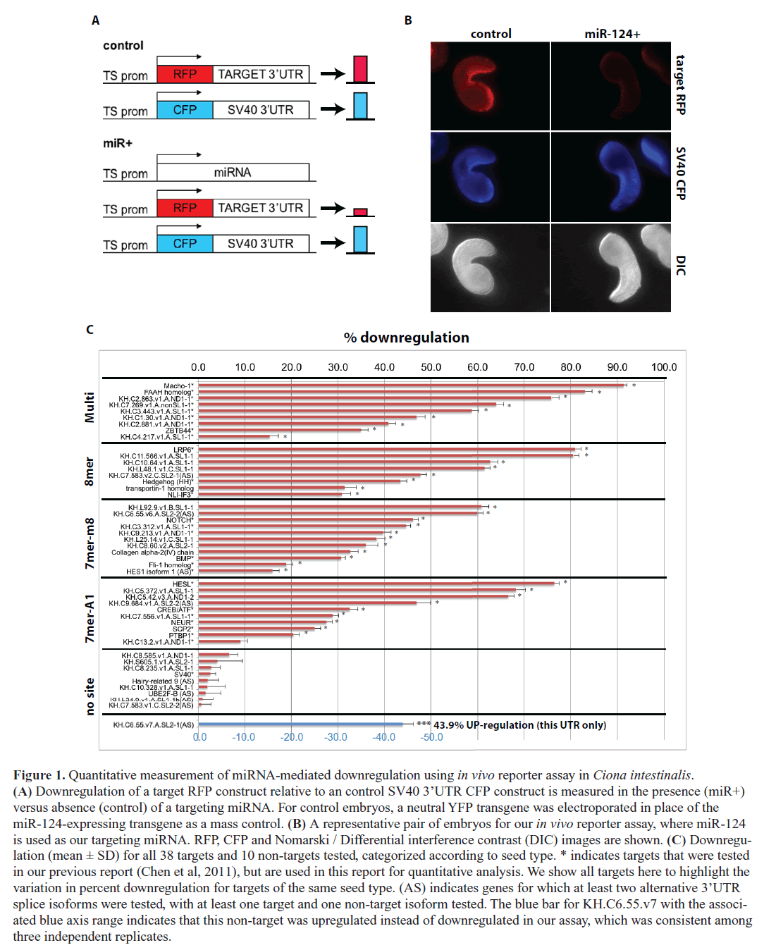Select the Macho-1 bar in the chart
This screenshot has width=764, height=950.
tap(412, 385)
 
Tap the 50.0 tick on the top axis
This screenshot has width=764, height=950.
tap(431, 367)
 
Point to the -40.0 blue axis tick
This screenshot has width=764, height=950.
tap(383, 737)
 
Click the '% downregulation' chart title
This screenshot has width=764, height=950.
tap(406, 338)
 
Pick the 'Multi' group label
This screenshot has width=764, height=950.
tap(90, 407)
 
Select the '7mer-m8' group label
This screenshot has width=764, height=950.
tap(90, 543)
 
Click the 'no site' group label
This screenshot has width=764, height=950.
tap(90, 696)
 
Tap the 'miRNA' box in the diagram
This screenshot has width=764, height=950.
tap(233, 173)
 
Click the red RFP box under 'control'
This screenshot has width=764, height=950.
tap(185, 75)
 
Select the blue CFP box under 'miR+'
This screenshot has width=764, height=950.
tap(185, 244)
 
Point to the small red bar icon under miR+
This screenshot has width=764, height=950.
tap(360, 211)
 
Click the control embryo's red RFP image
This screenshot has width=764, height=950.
tap(490, 86)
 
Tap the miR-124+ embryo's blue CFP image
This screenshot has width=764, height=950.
tap(611, 177)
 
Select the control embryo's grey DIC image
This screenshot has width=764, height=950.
tap(490, 267)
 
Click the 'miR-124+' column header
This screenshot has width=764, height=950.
tap(612, 34)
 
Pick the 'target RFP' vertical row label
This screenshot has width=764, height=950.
tap(680, 85)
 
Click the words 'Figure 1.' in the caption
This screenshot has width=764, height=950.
tap(39, 775)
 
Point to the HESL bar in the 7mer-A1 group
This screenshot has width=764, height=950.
tap(378, 584)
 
